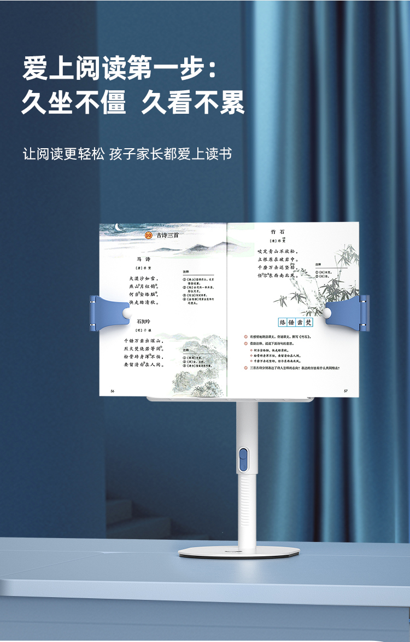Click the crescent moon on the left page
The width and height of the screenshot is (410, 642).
click(x=118, y=227)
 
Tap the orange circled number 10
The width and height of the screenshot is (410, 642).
click(x=148, y=235)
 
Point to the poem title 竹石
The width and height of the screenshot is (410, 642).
click(x=277, y=232)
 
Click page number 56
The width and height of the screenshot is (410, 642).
click(x=113, y=390)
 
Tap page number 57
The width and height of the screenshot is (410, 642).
click(x=345, y=390)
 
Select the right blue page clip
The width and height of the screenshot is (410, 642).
click(x=350, y=312)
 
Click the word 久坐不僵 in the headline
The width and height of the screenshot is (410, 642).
click(x=74, y=102)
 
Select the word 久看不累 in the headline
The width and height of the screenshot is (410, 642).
click(x=192, y=102)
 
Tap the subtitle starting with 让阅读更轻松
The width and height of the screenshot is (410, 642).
click(x=127, y=154)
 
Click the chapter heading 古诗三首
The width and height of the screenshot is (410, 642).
click(x=167, y=235)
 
